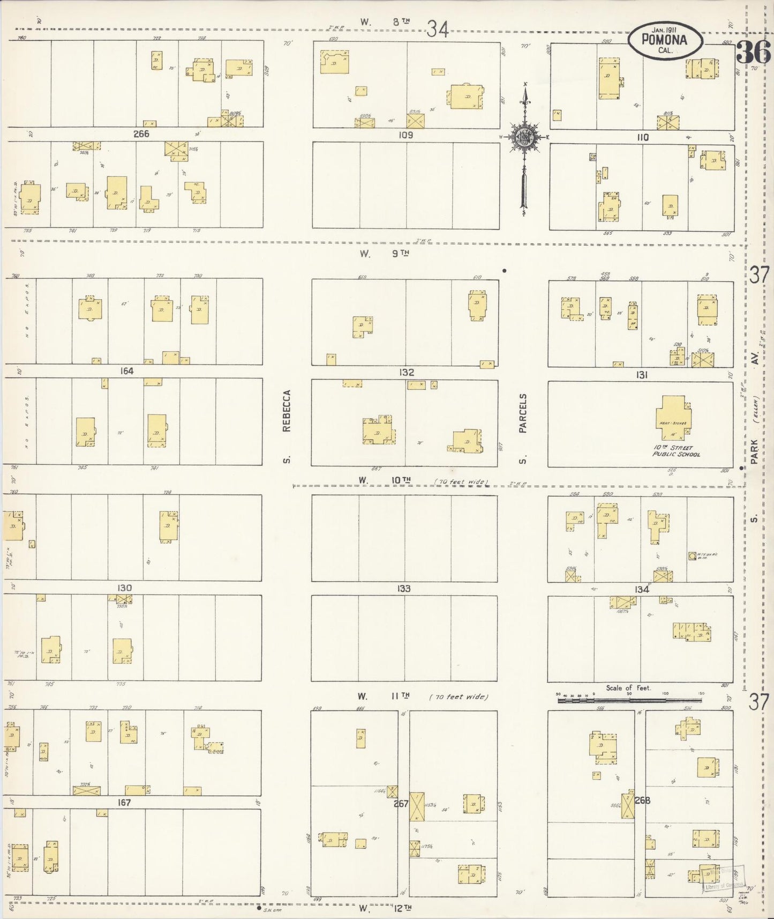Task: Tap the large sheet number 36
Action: (753, 53)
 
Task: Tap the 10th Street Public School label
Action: (675, 451)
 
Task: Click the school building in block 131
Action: (673, 418)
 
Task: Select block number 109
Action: (405, 135)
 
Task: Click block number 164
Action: (127, 371)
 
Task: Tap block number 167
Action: (124, 803)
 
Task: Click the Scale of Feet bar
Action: (629, 699)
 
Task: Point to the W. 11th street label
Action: (384, 696)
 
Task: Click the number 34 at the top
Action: (437, 29)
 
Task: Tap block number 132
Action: (406, 372)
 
